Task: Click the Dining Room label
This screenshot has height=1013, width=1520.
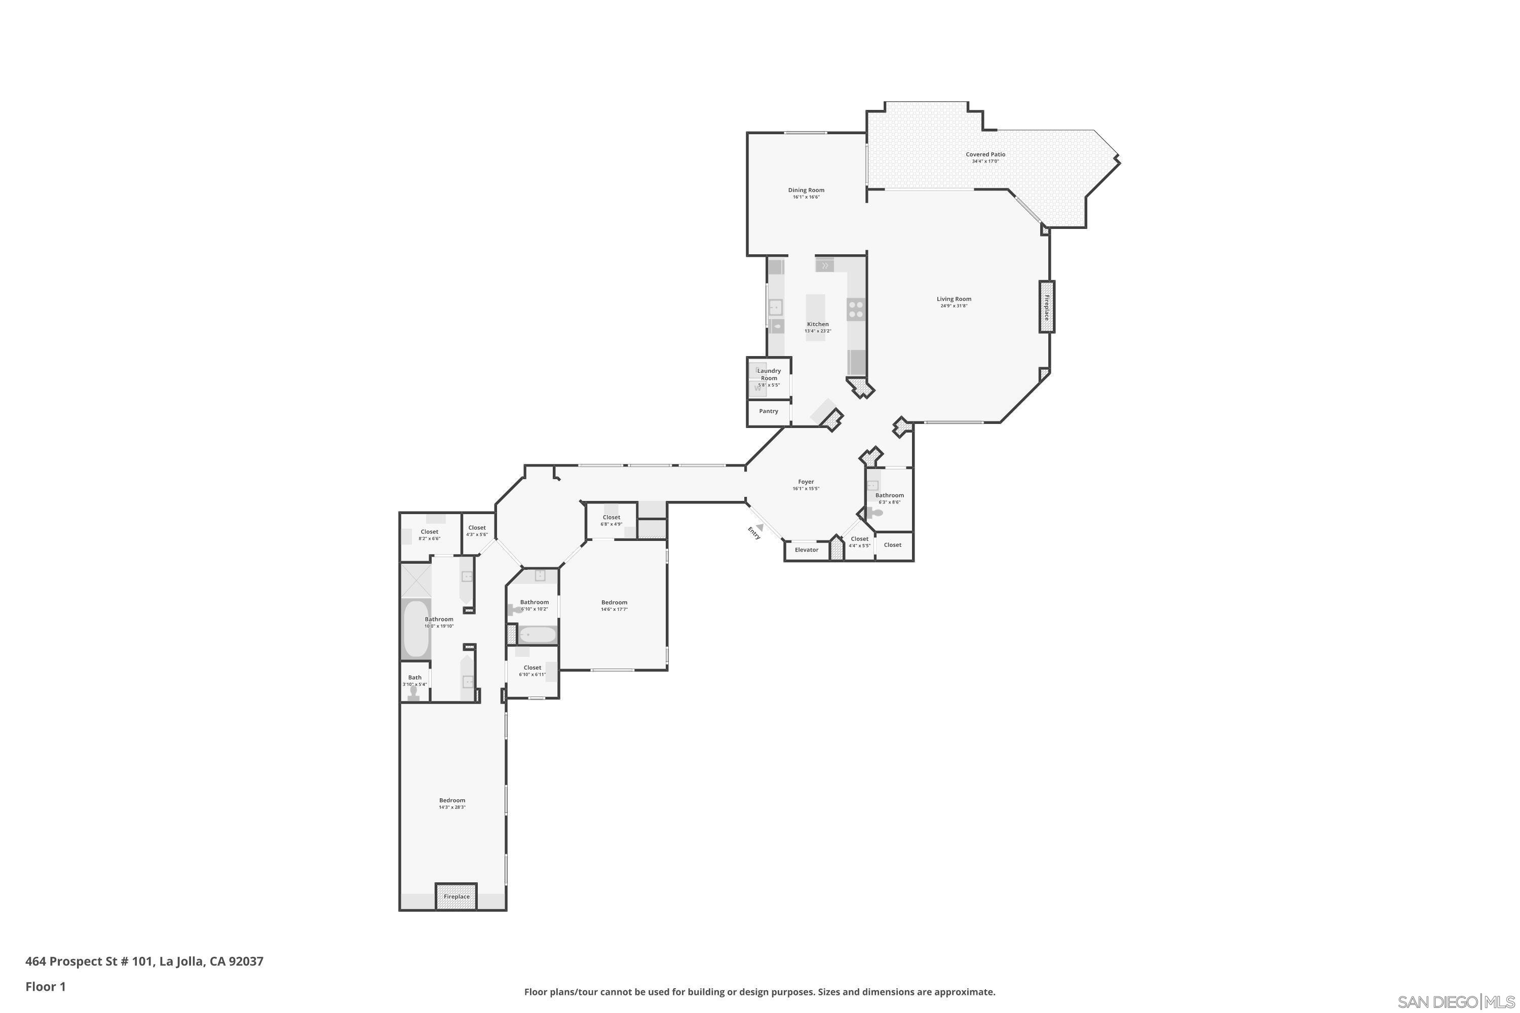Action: click(x=806, y=190)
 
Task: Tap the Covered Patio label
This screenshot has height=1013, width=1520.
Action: click(x=985, y=154)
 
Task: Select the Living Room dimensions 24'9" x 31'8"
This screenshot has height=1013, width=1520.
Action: click(x=954, y=306)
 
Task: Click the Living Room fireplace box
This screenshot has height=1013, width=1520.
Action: click(x=1046, y=307)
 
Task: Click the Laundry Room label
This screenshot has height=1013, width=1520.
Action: click(x=769, y=374)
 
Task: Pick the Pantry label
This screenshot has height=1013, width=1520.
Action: click(x=769, y=411)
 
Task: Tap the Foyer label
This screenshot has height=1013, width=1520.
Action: click(x=806, y=482)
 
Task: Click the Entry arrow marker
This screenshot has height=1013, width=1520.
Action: click(x=760, y=527)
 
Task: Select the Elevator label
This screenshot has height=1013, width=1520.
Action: click(x=806, y=550)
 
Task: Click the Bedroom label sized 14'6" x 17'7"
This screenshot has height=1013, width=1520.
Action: click(x=614, y=602)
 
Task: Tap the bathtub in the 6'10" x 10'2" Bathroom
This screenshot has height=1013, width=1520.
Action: click(x=537, y=635)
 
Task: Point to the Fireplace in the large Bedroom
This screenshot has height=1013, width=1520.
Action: click(x=457, y=896)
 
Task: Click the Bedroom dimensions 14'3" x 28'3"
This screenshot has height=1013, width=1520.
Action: click(x=452, y=807)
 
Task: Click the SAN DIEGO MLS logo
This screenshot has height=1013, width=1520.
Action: click(x=1457, y=1002)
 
